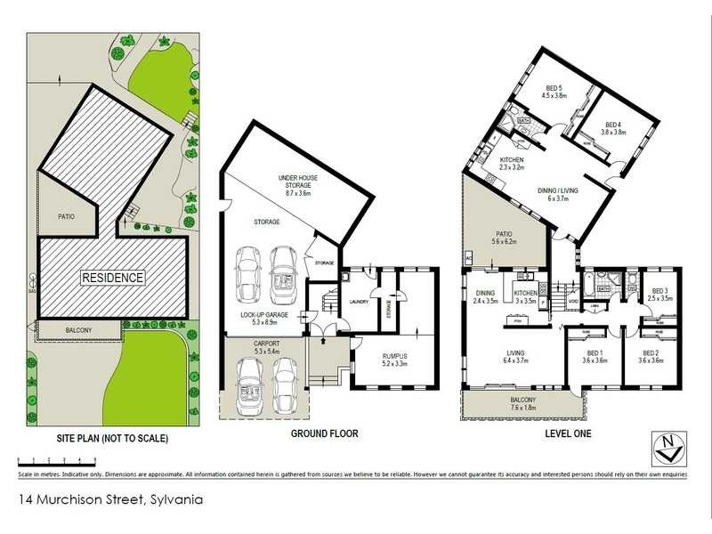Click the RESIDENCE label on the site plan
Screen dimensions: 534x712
click(113, 278)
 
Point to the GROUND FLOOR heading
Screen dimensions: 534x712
click(325, 434)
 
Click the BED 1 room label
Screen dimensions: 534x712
click(594, 356)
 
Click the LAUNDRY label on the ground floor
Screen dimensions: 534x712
click(359, 302)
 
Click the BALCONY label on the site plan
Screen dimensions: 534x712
click(78, 330)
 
